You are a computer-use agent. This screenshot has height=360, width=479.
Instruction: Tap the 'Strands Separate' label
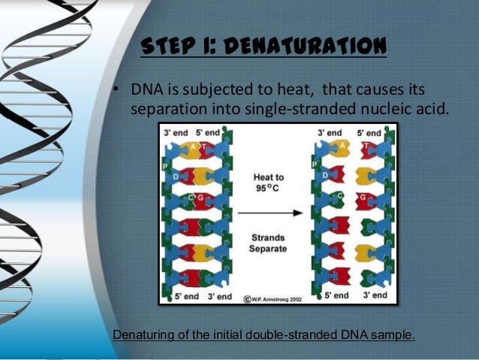(x=269, y=243)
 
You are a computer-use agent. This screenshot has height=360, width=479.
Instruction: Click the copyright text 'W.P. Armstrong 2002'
(x=279, y=298)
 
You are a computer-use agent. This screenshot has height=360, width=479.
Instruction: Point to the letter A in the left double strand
(x=193, y=147)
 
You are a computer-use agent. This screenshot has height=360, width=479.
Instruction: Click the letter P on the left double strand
(x=165, y=166)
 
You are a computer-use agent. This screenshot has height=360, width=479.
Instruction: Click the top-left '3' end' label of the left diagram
(x=176, y=132)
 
